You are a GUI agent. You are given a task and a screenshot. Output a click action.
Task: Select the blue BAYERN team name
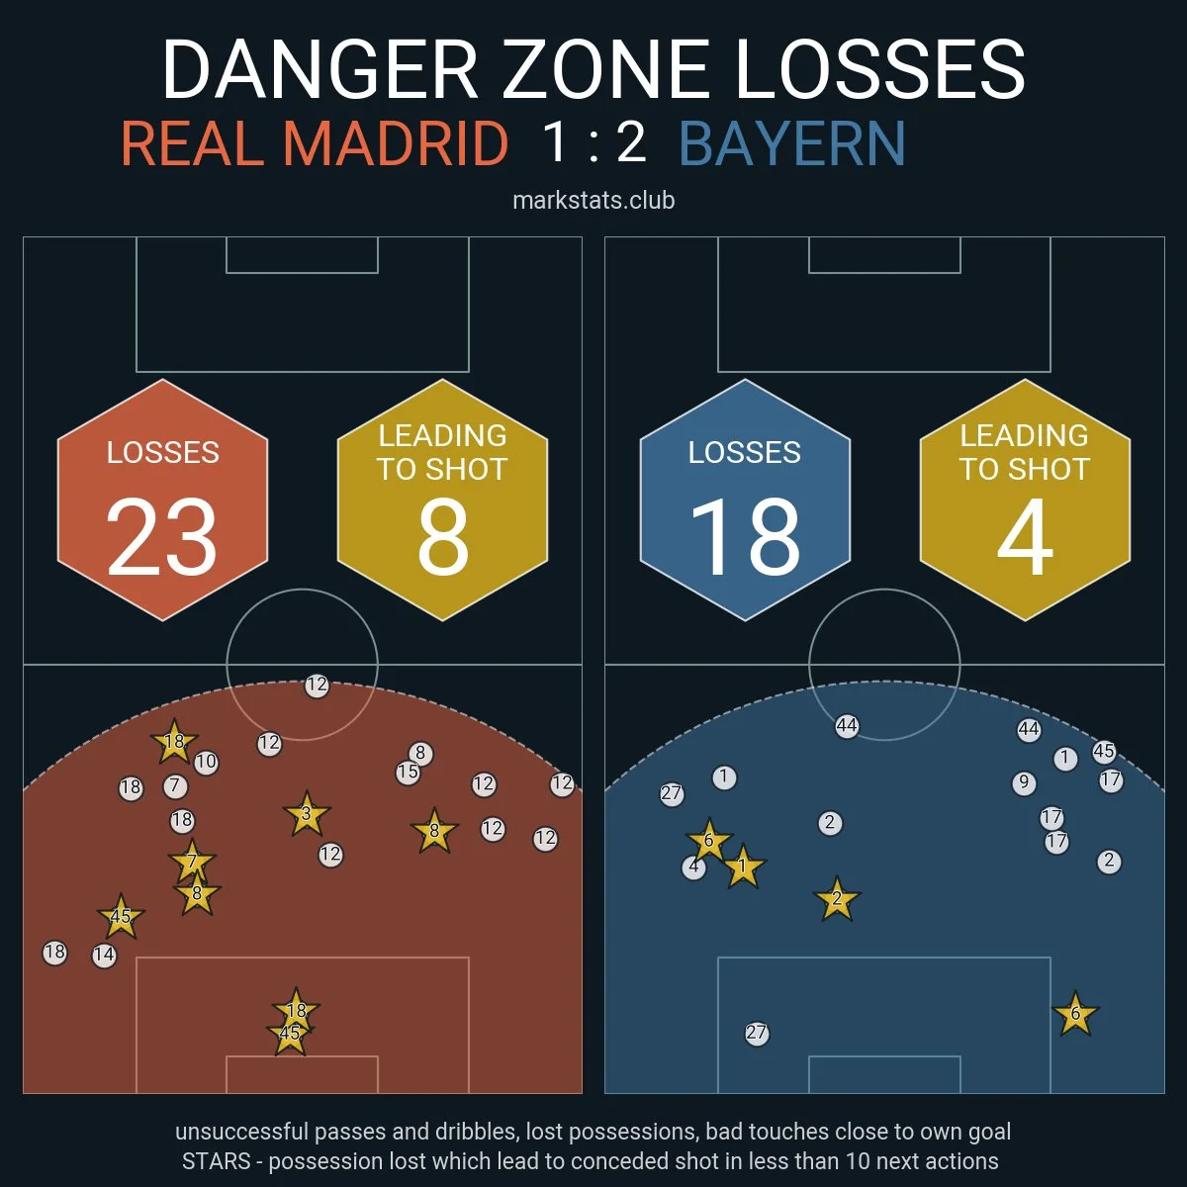click(x=792, y=143)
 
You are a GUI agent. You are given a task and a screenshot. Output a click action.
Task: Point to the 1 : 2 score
click(x=594, y=141)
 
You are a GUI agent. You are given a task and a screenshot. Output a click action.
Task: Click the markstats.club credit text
click(x=593, y=200)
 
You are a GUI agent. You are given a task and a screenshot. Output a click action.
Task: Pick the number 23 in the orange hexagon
click(x=161, y=537)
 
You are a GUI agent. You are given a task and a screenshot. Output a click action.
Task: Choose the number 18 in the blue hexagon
click(x=744, y=537)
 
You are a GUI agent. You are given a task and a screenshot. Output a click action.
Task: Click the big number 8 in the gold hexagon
click(x=442, y=537)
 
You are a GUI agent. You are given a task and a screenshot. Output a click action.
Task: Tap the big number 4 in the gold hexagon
click(x=1024, y=537)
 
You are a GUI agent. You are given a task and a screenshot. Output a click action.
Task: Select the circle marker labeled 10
click(x=206, y=763)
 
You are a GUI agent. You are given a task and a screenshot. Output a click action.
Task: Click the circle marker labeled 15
click(x=408, y=773)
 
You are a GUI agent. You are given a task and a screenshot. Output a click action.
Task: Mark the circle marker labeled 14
click(x=104, y=956)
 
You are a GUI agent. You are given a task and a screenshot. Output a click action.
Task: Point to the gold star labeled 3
click(x=307, y=815)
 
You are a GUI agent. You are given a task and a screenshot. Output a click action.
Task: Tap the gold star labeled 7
click(x=192, y=862)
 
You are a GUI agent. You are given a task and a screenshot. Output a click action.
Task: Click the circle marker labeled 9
click(x=1024, y=783)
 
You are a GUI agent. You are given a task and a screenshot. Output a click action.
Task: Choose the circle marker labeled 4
click(x=694, y=867)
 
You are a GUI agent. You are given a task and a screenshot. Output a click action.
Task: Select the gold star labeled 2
click(x=837, y=899)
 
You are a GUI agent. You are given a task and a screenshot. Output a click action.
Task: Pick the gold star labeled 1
click(x=743, y=867)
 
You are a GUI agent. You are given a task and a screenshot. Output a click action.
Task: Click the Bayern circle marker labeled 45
click(x=1104, y=752)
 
